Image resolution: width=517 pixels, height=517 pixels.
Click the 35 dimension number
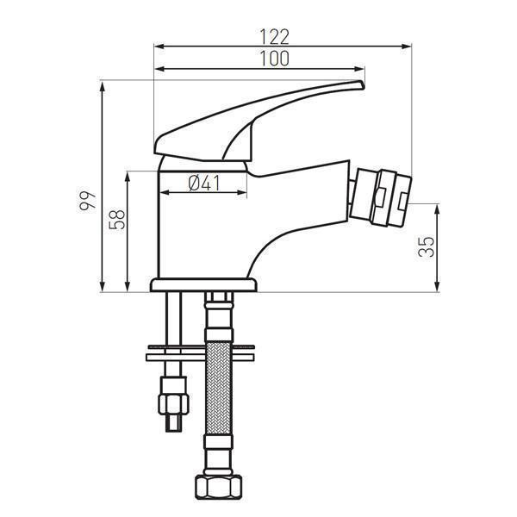[x=426, y=247]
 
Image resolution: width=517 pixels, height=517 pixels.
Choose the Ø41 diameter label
[x=204, y=182]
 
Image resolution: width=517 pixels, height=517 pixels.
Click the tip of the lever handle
[x=359, y=84]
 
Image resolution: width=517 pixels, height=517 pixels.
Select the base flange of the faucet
[x=203, y=284]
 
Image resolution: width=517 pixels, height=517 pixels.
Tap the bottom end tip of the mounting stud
[x=175, y=425]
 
